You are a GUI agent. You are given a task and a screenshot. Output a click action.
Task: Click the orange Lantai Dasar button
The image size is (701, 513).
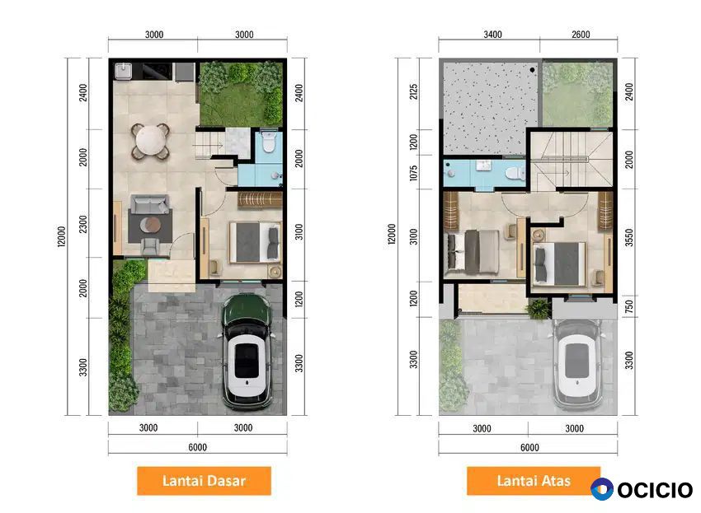[204, 481]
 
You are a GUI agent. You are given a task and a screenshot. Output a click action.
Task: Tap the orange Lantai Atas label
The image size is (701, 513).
[534, 481]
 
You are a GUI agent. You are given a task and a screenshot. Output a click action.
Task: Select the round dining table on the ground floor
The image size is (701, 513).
[150, 141]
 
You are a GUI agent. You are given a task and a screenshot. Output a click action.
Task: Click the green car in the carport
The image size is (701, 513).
[247, 351]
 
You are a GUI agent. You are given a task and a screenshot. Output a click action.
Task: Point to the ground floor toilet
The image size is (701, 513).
[268, 142]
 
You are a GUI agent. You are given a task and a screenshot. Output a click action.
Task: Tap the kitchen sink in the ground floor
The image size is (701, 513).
[123, 71]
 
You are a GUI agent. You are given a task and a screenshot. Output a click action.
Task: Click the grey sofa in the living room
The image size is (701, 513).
[150, 204]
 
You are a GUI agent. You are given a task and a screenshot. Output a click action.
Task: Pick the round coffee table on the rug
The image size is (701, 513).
[150, 225]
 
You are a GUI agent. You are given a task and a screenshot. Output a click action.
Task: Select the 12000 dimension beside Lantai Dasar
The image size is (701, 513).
[61, 236]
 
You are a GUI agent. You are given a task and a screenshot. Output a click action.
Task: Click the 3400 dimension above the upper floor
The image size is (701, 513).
[492, 35]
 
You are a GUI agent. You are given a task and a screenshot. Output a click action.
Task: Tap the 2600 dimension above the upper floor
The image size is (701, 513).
[581, 35]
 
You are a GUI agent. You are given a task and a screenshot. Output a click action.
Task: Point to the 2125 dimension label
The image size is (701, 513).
[413, 91]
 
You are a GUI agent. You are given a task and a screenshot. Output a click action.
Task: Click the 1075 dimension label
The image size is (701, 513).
[413, 173]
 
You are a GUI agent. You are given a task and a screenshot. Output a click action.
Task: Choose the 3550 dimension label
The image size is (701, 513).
[629, 237]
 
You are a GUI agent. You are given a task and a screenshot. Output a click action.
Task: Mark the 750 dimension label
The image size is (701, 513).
[629, 306]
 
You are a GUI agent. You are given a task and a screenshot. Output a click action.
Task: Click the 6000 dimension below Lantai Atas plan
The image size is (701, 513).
[529, 447]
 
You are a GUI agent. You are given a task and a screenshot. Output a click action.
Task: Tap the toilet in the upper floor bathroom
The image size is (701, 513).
[515, 173]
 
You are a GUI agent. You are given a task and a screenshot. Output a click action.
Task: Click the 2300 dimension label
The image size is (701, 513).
[83, 224]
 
